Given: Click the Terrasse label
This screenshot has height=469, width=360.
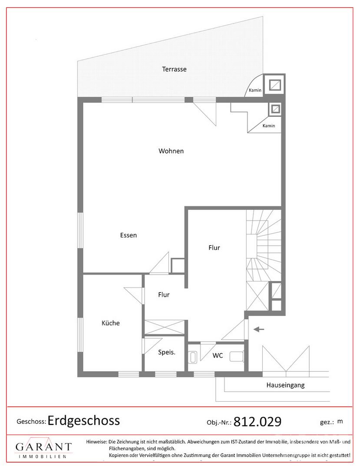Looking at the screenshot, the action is (x=174, y=69).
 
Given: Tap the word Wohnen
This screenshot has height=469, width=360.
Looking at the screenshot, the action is (x=171, y=151).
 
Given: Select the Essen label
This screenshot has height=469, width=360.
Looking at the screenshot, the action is (x=128, y=235).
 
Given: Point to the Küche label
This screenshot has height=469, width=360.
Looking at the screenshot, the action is (x=111, y=323).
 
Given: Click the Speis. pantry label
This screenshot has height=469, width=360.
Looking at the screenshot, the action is (x=167, y=352).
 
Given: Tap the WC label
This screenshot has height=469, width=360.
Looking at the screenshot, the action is (x=218, y=356).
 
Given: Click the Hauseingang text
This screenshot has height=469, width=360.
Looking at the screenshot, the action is (x=285, y=385).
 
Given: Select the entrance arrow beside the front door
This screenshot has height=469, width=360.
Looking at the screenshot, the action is (x=259, y=329).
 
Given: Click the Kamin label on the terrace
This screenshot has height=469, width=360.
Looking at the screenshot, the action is (x=255, y=90).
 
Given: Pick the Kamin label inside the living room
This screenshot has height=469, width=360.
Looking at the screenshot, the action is (x=269, y=126).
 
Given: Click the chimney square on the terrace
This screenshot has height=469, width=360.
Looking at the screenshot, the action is (x=274, y=85).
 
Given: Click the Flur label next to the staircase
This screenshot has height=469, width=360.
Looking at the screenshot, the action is (x=214, y=248).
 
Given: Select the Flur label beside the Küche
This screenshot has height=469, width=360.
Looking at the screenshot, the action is (x=164, y=294).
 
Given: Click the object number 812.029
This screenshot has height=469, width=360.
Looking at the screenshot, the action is (x=258, y=422).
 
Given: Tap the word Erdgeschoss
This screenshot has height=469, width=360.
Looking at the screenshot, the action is (x=84, y=420).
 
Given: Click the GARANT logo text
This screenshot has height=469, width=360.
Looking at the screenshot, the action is (x=44, y=447).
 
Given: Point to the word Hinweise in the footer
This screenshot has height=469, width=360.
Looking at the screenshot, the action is (x=96, y=442).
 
